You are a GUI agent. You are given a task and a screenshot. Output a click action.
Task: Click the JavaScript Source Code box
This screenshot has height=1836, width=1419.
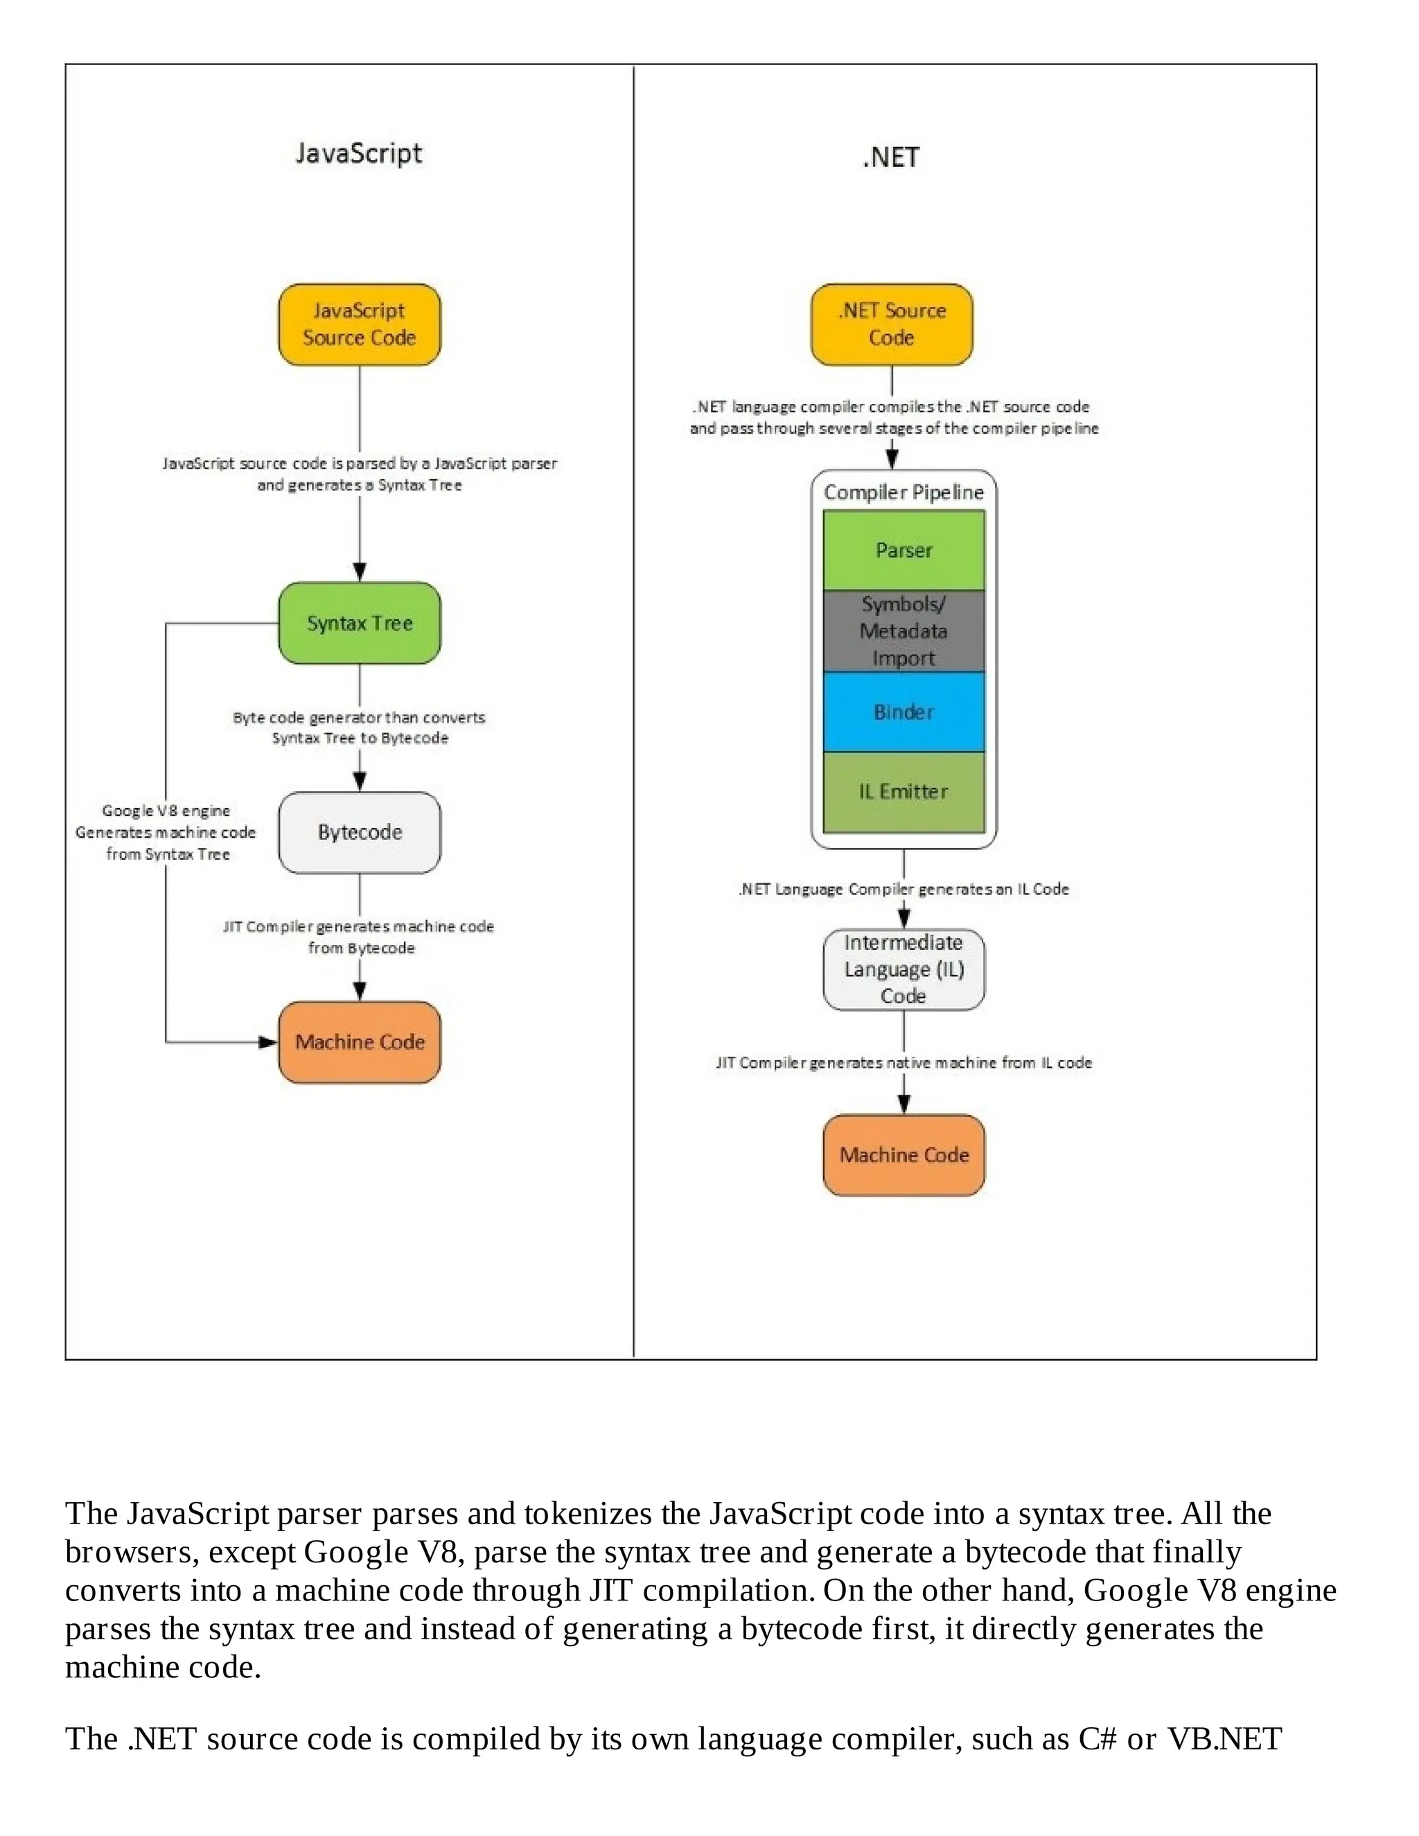[x=359, y=324]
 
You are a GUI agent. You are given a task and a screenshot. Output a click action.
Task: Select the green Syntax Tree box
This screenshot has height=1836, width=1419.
[x=359, y=623]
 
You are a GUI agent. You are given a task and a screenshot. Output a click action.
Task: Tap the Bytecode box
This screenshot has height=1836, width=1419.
[x=359, y=832]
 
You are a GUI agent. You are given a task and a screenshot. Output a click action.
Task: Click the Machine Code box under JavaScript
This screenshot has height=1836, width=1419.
[x=359, y=1041]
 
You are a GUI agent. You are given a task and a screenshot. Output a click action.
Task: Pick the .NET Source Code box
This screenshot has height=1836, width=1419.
[x=891, y=324]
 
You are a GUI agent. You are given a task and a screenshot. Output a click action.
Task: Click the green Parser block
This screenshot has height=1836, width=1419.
[x=903, y=550]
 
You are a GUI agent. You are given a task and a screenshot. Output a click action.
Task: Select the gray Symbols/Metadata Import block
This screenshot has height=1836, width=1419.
[x=903, y=630]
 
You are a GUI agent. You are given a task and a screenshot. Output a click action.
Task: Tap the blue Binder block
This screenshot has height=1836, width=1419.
[x=903, y=712]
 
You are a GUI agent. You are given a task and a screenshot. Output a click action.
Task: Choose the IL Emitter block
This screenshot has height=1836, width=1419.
[x=903, y=792]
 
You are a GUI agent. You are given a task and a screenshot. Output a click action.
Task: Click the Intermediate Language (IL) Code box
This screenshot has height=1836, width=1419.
[x=903, y=969]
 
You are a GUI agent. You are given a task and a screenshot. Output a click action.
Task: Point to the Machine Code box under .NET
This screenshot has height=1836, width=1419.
[x=903, y=1155]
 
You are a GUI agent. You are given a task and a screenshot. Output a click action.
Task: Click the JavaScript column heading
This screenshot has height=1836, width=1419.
[x=359, y=154]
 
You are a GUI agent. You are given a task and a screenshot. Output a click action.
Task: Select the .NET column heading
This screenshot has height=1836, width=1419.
[x=891, y=157]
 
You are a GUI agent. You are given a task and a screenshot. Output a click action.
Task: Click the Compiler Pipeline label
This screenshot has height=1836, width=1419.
[x=903, y=493]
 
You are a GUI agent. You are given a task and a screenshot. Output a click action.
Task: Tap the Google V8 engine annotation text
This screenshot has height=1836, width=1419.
[x=166, y=832]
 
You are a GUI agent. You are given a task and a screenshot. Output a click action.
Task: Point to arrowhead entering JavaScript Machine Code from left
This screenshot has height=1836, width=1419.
[x=269, y=1043]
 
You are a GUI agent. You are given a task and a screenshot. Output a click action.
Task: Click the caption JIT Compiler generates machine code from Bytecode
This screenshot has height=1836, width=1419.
[x=359, y=937]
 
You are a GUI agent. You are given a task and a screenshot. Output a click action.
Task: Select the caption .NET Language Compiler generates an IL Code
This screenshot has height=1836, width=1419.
[x=903, y=890]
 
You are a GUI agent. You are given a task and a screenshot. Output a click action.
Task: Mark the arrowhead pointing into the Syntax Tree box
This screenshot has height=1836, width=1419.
[x=360, y=572]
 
